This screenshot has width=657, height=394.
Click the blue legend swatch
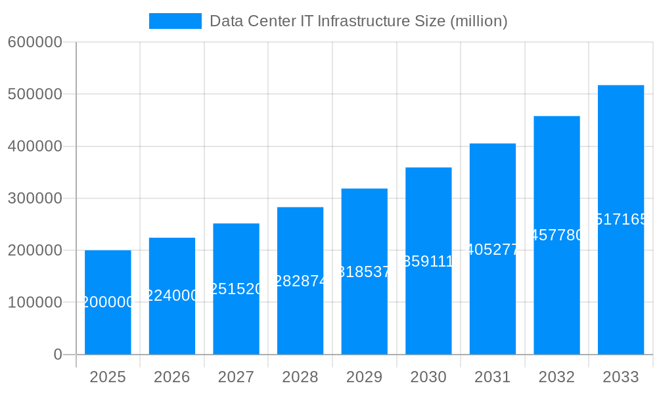coord(175,21)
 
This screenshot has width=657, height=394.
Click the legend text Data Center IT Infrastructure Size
coord(358,21)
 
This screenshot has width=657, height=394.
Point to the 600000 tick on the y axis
coord(35,42)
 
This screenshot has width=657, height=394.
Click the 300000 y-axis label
coord(35,198)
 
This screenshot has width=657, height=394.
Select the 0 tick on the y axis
coord(57,355)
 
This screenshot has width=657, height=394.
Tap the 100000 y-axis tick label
coord(35,303)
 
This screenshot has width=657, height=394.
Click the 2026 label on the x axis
coord(172,377)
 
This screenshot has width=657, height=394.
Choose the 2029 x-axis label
coord(364,377)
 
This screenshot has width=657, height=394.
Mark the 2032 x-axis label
coord(556,377)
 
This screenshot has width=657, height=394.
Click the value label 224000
coord(172,295)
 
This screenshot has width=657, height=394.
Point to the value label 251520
coord(236,289)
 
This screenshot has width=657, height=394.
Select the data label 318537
coord(364,272)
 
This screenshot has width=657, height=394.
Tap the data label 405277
coord(493,250)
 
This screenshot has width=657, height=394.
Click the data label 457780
coord(556,235)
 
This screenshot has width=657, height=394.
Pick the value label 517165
coord(621,219)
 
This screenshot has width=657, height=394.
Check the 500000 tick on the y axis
coord(35,94)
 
